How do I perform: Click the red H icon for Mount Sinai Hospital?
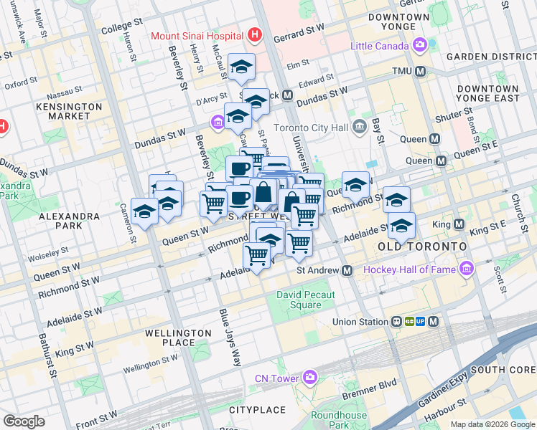pyautogui.click(x=253, y=34)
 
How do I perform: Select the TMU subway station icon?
pyautogui.click(x=421, y=72)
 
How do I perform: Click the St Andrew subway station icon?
pyautogui.click(x=347, y=270)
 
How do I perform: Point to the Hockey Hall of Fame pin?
pyautogui.click(x=467, y=269)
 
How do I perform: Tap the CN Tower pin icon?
pyautogui.click(x=309, y=377)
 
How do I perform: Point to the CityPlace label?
pyautogui.click(x=257, y=409)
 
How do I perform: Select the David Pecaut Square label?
pyautogui.click(x=299, y=300)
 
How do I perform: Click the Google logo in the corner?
pyautogui.click(x=24, y=421)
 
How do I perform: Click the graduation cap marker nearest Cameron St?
pyautogui.click(x=145, y=211)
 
